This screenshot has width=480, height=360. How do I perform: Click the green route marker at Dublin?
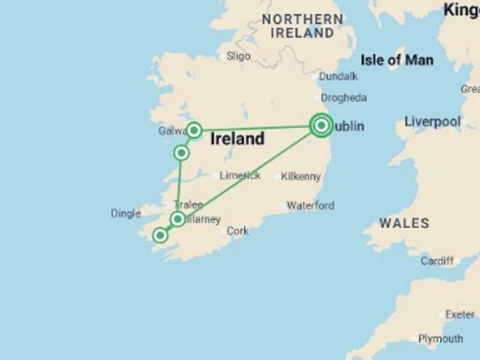[321, 126]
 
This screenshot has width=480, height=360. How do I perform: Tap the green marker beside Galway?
[194, 130]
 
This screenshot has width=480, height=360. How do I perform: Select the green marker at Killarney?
[178, 219]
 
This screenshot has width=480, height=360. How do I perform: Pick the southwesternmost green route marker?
[161, 235]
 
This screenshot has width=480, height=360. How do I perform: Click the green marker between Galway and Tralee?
[181, 152]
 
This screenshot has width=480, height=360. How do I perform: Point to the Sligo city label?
[238, 56]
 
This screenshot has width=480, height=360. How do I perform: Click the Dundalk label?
[338, 76]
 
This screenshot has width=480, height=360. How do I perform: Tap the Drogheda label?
[344, 97]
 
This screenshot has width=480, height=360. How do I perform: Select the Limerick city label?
[240, 176]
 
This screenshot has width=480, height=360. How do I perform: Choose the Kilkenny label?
[301, 176]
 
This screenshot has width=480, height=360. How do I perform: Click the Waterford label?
[310, 205]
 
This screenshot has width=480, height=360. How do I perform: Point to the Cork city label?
[237, 231]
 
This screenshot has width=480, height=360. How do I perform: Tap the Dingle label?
[126, 213]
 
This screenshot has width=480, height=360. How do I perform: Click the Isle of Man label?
[397, 60]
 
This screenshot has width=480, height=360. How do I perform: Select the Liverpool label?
[432, 121]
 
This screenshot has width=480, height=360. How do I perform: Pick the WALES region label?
[404, 223]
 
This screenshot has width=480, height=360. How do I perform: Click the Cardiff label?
[437, 261]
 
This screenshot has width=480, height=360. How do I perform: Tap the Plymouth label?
[441, 339]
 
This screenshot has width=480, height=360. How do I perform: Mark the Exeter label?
[459, 314]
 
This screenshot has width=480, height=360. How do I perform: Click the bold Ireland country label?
[237, 139]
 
